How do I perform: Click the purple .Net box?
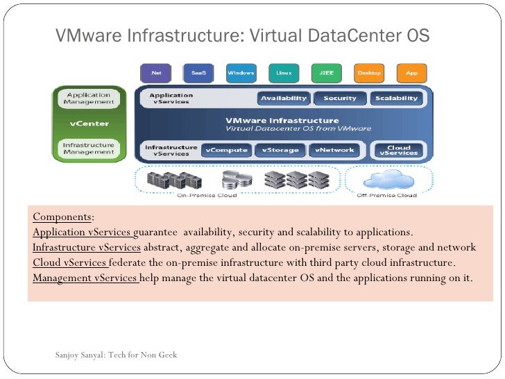[x=155, y=72]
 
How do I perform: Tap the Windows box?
[x=241, y=72]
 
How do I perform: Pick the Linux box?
[x=283, y=72]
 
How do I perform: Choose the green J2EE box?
[x=325, y=72]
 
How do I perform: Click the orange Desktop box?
[x=368, y=72]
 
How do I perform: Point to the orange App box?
[x=411, y=72]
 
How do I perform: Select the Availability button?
[x=284, y=98]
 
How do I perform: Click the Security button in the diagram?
[x=339, y=98]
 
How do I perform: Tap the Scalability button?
[x=396, y=98]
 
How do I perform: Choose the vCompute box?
[x=225, y=149]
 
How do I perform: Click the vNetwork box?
[x=334, y=149]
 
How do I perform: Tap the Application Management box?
[x=89, y=97]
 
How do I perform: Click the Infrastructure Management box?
[x=89, y=148]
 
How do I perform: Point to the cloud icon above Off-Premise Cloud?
[x=386, y=179]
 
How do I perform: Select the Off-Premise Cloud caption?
[x=386, y=196]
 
